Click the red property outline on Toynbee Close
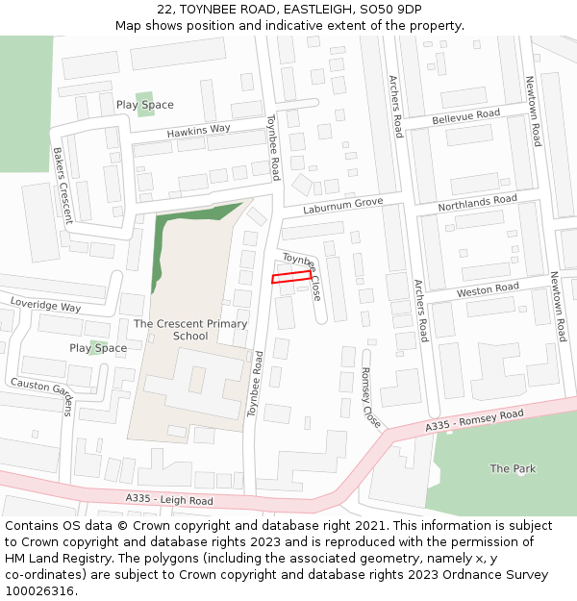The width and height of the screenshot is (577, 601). pos(291,277)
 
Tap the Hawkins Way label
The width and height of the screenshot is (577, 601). pos(198,131)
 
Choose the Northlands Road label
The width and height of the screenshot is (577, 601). pos(477,203)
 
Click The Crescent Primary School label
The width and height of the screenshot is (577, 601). pos(190,330)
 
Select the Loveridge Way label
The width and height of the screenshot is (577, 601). pos(45,305)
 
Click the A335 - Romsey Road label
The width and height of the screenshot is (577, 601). pos(474,419)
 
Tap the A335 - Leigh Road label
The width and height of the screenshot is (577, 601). pos(169,500)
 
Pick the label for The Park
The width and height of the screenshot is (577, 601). pos(513,468)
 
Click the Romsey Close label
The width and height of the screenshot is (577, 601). pos(370,397)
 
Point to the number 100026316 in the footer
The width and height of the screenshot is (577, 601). pos(40,591)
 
